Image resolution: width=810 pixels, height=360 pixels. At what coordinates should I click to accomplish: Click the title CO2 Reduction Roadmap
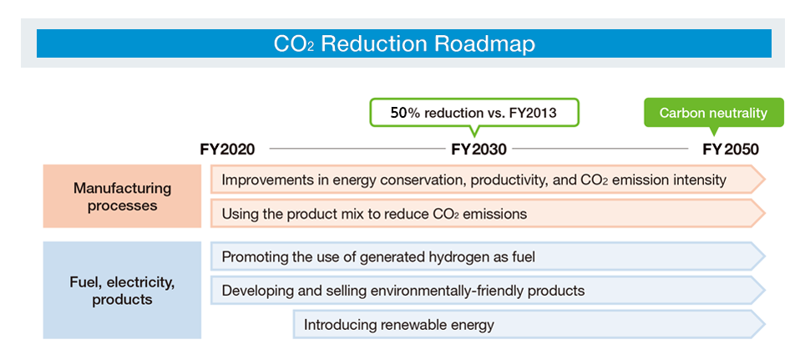click(403, 43)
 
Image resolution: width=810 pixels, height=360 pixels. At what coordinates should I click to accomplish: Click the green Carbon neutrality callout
click(713, 113)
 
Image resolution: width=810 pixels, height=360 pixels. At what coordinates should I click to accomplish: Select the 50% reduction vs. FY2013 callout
click(473, 113)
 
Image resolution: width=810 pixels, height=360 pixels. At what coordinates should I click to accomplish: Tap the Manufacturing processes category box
click(123, 196)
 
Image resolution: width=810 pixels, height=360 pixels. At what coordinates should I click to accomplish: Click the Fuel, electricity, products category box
click(123, 291)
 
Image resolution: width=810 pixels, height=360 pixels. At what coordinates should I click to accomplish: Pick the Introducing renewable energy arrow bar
click(529, 325)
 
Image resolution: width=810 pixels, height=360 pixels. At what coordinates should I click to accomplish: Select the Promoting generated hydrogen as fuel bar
click(487, 256)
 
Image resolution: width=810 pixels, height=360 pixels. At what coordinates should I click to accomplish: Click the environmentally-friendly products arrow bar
click(487, 291)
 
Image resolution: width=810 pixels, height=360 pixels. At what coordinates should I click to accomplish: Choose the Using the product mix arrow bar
click(487, 214)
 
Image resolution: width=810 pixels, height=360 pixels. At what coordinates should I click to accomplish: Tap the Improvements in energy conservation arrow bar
click(487, 180)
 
